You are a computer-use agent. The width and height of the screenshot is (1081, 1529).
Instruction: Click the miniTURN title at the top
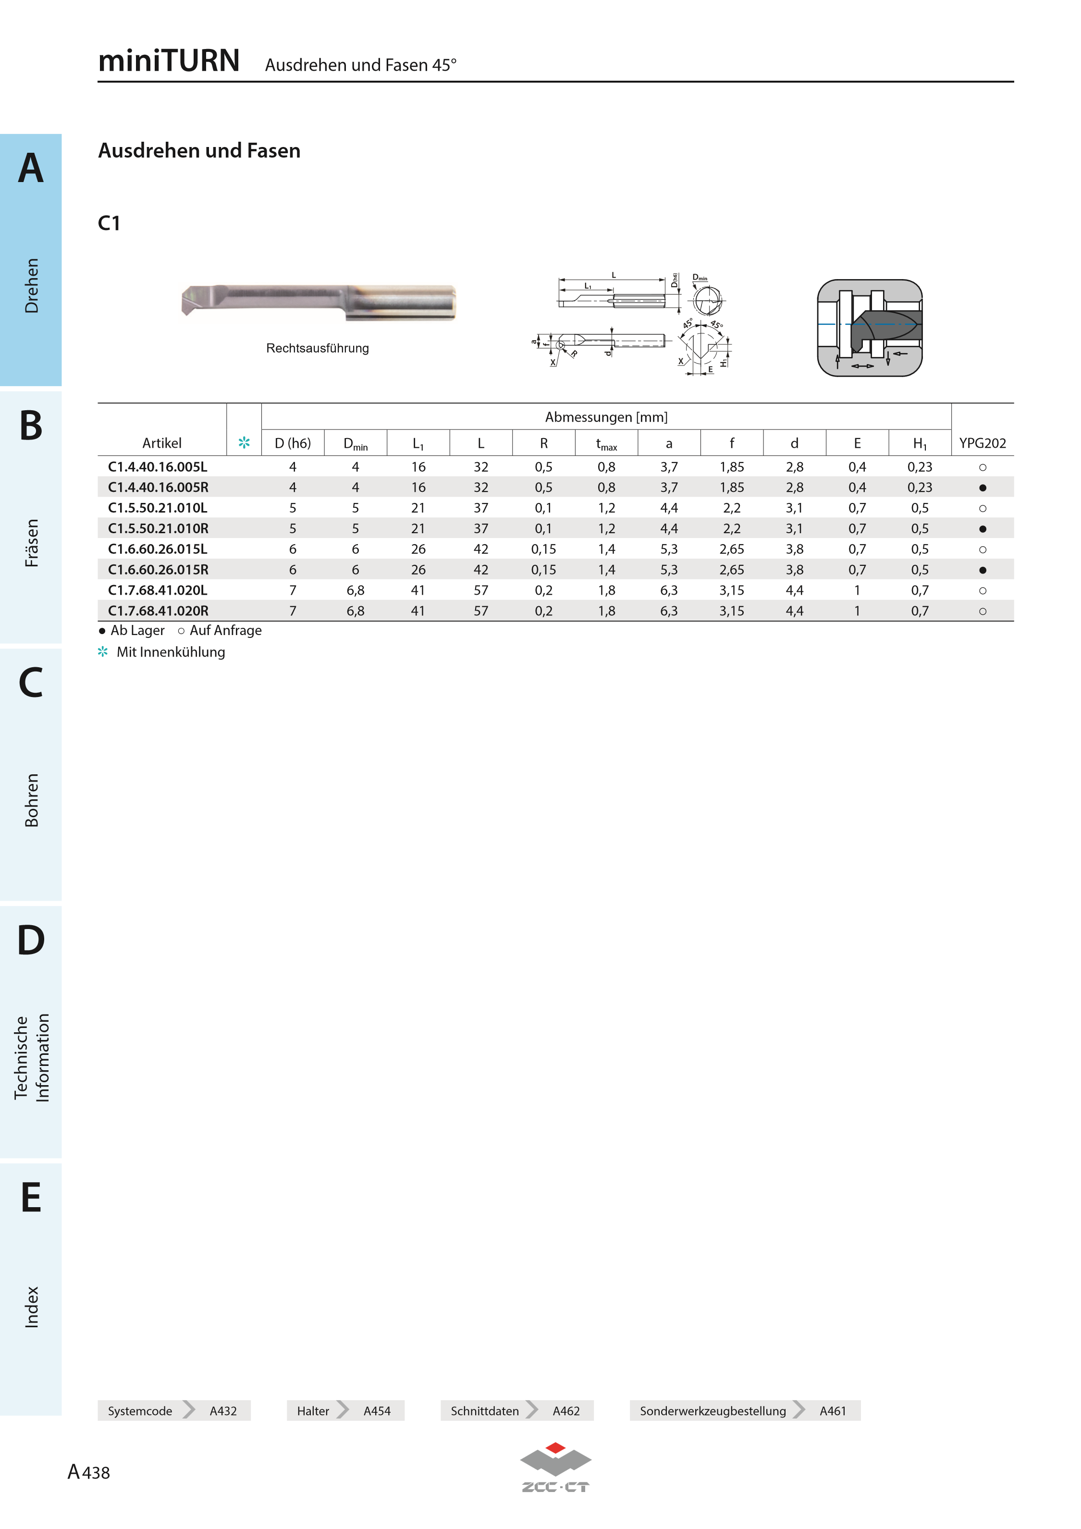169,61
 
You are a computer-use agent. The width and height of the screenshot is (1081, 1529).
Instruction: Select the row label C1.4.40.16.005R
158,488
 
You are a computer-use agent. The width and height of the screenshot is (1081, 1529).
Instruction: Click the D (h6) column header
293,443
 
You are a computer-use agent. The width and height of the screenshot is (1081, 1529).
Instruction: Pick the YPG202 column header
983,443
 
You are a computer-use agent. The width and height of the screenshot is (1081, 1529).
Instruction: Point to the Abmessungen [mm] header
606,417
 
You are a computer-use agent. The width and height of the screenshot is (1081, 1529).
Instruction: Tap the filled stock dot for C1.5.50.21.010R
983,529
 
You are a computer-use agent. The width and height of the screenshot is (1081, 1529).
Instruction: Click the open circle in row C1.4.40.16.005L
983,467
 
